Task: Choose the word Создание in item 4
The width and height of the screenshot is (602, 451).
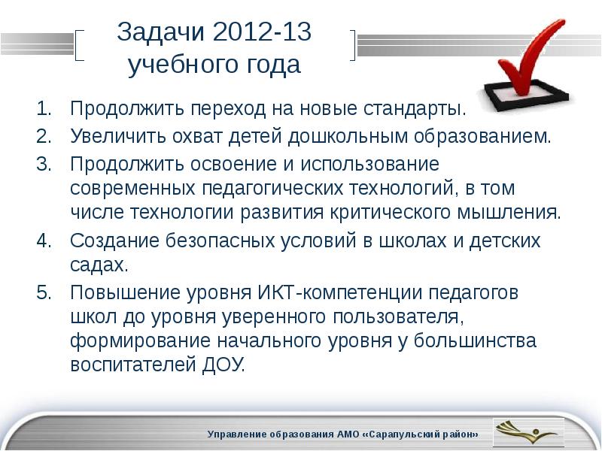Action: tap(109, 241)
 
